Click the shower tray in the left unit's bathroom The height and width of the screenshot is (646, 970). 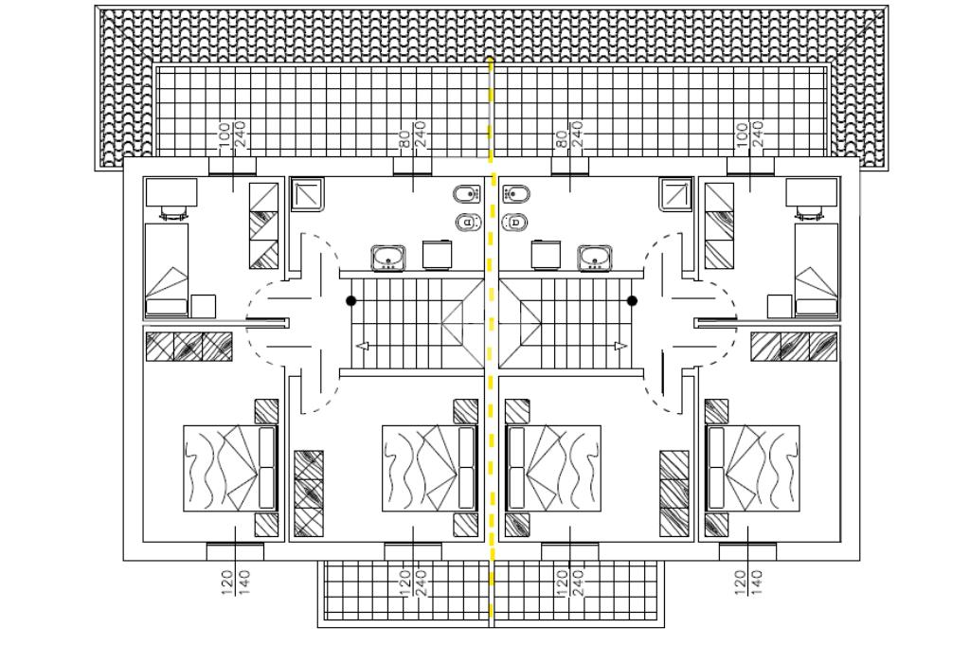point(307,195)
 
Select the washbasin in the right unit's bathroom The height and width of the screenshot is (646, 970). point(595,257)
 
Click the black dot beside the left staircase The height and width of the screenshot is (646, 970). point(350,300)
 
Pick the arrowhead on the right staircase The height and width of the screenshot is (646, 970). point(620,347)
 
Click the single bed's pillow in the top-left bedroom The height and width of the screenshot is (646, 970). point(166,306)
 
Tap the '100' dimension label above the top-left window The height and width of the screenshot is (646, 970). point(225,134)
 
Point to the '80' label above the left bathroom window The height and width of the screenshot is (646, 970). point(404,137)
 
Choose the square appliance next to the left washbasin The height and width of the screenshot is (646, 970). point(438,255)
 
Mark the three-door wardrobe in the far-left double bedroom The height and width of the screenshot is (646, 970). point(189,347)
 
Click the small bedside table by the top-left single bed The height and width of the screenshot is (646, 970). point(203,306)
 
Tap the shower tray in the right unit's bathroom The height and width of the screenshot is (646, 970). point(675,195)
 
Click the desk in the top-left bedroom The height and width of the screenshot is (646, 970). point(171,192)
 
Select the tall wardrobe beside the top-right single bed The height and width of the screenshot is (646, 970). point(719,225)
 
